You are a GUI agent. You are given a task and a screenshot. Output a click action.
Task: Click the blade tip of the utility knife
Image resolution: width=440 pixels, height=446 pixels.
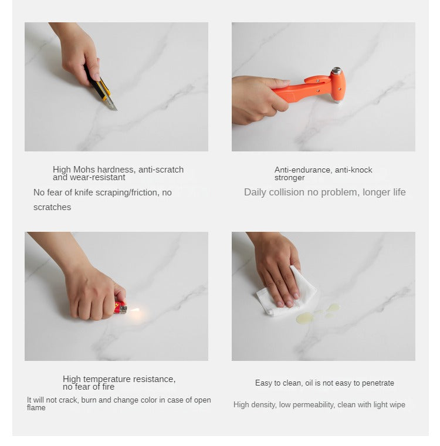point(116,110)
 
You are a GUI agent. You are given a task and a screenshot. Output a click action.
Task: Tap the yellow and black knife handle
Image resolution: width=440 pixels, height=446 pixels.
point(97,83)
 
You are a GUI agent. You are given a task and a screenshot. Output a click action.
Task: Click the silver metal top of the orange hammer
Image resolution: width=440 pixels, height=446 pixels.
point(337,70)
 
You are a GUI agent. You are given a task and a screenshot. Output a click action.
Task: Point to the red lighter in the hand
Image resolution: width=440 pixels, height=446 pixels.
point(120,308)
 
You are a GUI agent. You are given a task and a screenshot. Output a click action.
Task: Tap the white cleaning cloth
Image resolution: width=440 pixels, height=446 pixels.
point(286,292)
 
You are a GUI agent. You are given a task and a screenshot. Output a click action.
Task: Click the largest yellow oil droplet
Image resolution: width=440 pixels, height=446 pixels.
point(304,318)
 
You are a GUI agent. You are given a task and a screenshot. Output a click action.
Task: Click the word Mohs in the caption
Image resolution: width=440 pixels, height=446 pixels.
point(84,170)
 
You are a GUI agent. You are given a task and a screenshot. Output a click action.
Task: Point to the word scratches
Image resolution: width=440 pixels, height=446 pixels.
point(52,207)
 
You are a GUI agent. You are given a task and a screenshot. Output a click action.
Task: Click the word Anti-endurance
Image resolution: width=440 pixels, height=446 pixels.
point(303,170)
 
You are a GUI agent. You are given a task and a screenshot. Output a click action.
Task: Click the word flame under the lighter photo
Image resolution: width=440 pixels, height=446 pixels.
point(36,408)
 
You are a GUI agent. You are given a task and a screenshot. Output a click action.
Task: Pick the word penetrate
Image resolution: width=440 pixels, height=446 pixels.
point(378,383)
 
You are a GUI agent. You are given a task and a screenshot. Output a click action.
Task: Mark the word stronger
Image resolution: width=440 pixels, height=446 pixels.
point(289,178)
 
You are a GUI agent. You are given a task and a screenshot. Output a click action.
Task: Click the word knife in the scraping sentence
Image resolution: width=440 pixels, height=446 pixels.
point(84,192)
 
